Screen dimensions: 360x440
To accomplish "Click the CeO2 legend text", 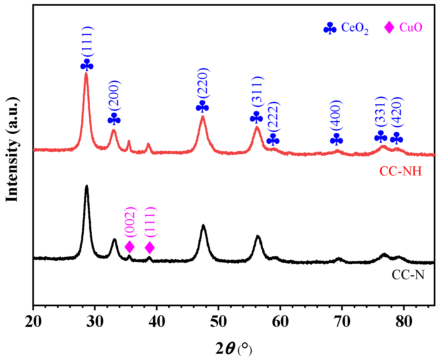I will tap(354, 28).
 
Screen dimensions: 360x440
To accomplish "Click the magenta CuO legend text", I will tap(411, 27).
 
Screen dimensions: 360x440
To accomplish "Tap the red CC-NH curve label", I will tap(400, 171).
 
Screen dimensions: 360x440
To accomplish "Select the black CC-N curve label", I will tap(408, 275).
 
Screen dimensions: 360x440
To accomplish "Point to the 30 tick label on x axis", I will tap(95, 322).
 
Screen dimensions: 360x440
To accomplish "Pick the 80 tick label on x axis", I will tap(404, 322).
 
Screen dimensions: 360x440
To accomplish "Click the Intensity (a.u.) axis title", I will tap(12, 149).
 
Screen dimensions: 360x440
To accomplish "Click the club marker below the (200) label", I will tap(114, 119).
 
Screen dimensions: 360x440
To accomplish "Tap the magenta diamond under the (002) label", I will tap(130, 247).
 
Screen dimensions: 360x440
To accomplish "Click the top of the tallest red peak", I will tap(86, 73).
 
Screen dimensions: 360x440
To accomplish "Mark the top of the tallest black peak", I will tap(87, 186).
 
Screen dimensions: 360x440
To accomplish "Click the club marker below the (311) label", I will tap(256, 117).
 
